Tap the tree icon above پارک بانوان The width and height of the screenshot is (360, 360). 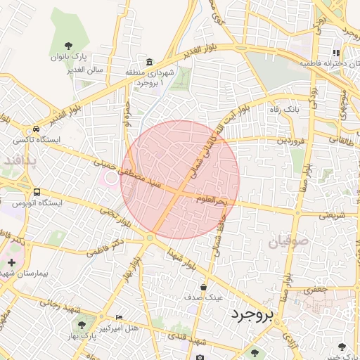pyautogui.click(x=67, y=45)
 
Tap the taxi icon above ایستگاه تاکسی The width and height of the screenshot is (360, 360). pyautogui.click(x=35, y=129)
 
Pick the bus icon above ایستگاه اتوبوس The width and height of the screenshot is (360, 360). pyautogui.click(x=36, y=192)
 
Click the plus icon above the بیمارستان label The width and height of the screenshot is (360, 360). pyautogui.click(x=11, y=262)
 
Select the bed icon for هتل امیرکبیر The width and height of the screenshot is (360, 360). pyautogui.click(x=118, y=318)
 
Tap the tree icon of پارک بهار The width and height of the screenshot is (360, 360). pyautogui.click(x=82, y=325)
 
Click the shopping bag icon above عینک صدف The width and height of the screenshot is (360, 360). pyautogui.click(x=203, y=287)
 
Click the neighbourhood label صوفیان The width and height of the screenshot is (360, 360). pyautogui.click(x=288, y=243)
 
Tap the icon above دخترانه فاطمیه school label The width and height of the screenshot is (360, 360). pyautogui.click(x=336, y=53)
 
